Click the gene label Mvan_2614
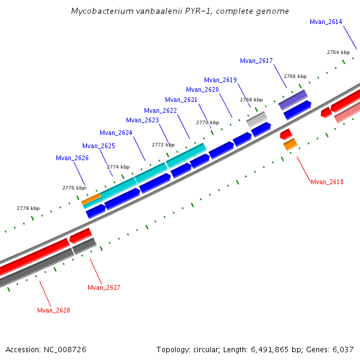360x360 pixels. tap(326, 22)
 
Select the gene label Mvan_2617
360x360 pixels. tap(256, 61)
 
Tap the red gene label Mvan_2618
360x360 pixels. tap(327, 182)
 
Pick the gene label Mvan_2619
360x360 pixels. tap(220, 80)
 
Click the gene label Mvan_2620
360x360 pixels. tap(202, 90)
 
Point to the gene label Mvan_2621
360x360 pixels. tap(181, 100)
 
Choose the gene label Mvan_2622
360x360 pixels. tap(160, 110)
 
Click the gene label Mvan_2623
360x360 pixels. tap(142, 121)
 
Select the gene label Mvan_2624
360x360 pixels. tap(116, 133)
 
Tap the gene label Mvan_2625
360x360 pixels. tap(98, 146)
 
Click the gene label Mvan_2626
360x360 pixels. tap(72, 158)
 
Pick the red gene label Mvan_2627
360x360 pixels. tap(104, 288)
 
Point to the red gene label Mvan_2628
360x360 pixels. tap(53, 311)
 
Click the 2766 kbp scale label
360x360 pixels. tap(295, 77)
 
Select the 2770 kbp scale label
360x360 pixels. tap(208, 122)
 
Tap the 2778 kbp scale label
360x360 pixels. tap(28, 209)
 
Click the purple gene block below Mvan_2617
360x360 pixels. tap(293, 100)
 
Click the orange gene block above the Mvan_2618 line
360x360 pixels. tap(290, 144)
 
